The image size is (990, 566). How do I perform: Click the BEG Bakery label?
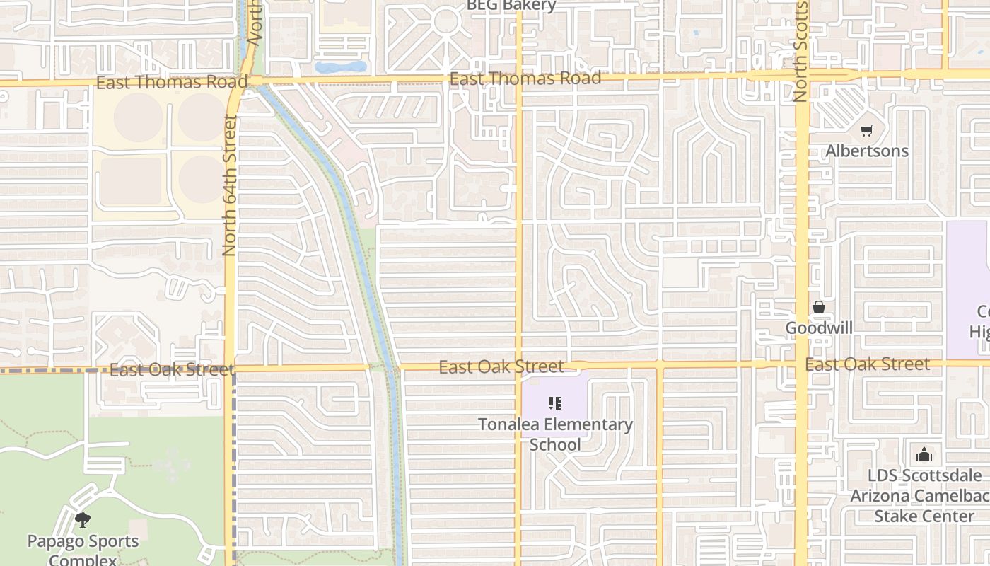click(511, 6)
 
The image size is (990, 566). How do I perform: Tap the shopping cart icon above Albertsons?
click(866, 130)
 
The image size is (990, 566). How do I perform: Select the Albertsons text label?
click(867, 151)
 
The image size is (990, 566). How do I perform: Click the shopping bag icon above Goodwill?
click(819, 307)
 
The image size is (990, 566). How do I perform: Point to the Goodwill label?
click(819, 328)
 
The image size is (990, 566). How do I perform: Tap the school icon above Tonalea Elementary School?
click(555, 404)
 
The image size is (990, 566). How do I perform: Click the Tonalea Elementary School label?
click(555, 434)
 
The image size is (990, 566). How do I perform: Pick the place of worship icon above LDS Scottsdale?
click(924, 454)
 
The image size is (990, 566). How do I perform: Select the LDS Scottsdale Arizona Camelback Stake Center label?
click(924, 495)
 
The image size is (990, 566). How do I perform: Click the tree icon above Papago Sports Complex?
click(83, 520)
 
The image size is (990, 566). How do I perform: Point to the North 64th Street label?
click(229, 185)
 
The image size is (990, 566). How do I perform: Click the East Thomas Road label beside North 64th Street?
click(172, 82)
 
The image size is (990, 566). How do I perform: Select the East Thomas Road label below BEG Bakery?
click(525, 78)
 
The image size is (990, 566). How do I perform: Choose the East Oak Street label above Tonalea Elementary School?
click(501, 366)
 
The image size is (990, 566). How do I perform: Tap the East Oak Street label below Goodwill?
click(868, 364)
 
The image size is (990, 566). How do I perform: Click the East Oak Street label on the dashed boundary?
click(172, 369)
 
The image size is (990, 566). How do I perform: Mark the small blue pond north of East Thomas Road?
click(341, 67)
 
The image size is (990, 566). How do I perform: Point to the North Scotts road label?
click(800, 51)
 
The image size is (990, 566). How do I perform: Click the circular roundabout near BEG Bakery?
click(446, 21)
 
